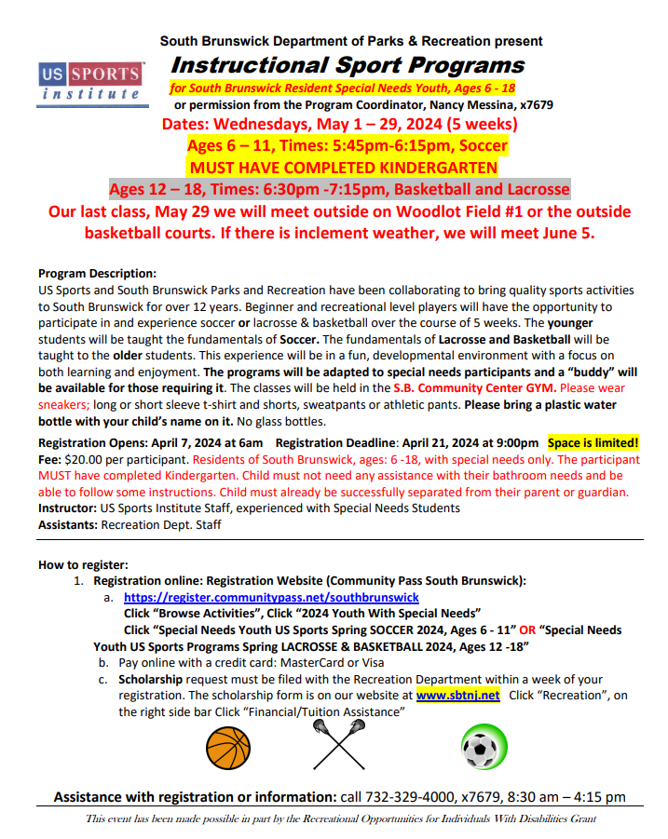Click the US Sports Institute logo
click(90, 82)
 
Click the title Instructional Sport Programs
click(348, 65)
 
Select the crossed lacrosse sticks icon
click(338, 748)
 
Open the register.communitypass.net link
click(271, 597)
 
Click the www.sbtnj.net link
click(458, 695)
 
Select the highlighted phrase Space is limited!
click(593, 442)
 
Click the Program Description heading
click(98, 273)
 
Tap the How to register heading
click(83, 564)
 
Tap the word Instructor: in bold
click(71, 508)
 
